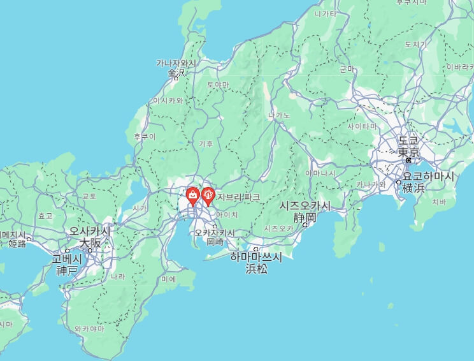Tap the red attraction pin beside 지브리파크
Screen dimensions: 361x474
click(208, 195)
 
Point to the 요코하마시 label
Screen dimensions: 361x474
click(429, 175)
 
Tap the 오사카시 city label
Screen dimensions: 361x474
click(90, 231)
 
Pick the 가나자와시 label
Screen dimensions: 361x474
click(176, 63)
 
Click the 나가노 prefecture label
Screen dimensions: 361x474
click(279, 115)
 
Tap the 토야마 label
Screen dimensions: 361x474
click(218, 84)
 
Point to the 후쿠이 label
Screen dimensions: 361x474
click(144, 136)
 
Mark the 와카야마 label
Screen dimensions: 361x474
click(89, 329)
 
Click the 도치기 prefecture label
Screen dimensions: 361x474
click(415, 45)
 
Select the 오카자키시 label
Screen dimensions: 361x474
click(215, 233)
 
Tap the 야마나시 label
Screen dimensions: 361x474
click(320, 173)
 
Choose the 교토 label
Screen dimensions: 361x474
click(89, 196)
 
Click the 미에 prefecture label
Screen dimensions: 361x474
click(169, 279)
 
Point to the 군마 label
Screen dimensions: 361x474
click(347, 69)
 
